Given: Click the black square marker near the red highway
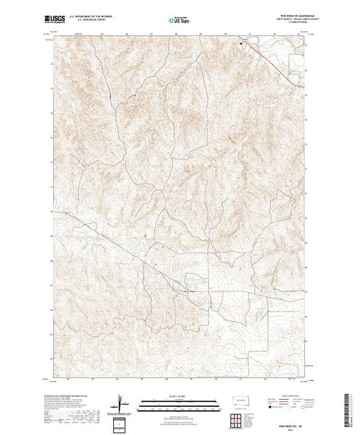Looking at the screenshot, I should [242, 45].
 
